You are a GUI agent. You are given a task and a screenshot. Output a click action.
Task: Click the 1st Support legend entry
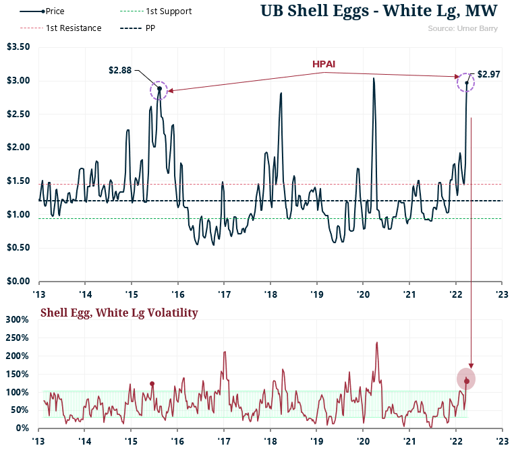(x=164, y=11)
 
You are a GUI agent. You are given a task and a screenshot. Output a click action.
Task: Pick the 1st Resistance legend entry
(x=74, y=28)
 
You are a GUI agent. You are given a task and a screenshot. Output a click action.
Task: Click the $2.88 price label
(x=119, y=69)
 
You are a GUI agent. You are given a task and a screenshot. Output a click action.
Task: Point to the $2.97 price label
(x=488, y=74)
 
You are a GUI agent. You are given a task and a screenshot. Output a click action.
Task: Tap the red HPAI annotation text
(x=324, y=63)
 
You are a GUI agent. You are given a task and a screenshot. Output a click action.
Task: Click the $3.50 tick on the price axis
(x=18, y=47)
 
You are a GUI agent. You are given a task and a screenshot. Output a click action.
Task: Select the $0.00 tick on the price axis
(x=18, y=281)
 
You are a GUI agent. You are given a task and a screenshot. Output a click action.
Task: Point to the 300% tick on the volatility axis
(x=18, y=319)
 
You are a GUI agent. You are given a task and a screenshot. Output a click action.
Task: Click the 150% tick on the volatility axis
(x=18, y=374)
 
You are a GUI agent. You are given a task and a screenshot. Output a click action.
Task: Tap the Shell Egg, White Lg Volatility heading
(x=119, y=313)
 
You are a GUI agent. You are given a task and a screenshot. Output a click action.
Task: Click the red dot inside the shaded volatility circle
(x=466, y=381)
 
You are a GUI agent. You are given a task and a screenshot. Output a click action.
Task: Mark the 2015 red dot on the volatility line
(x=152, y=384)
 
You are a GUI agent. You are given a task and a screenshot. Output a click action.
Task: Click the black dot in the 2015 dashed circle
(x=159, y=89)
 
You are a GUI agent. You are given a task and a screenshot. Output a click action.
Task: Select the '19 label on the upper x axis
(x=316, y=294)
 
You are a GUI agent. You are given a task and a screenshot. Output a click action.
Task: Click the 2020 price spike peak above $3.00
(x=373, y=79)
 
